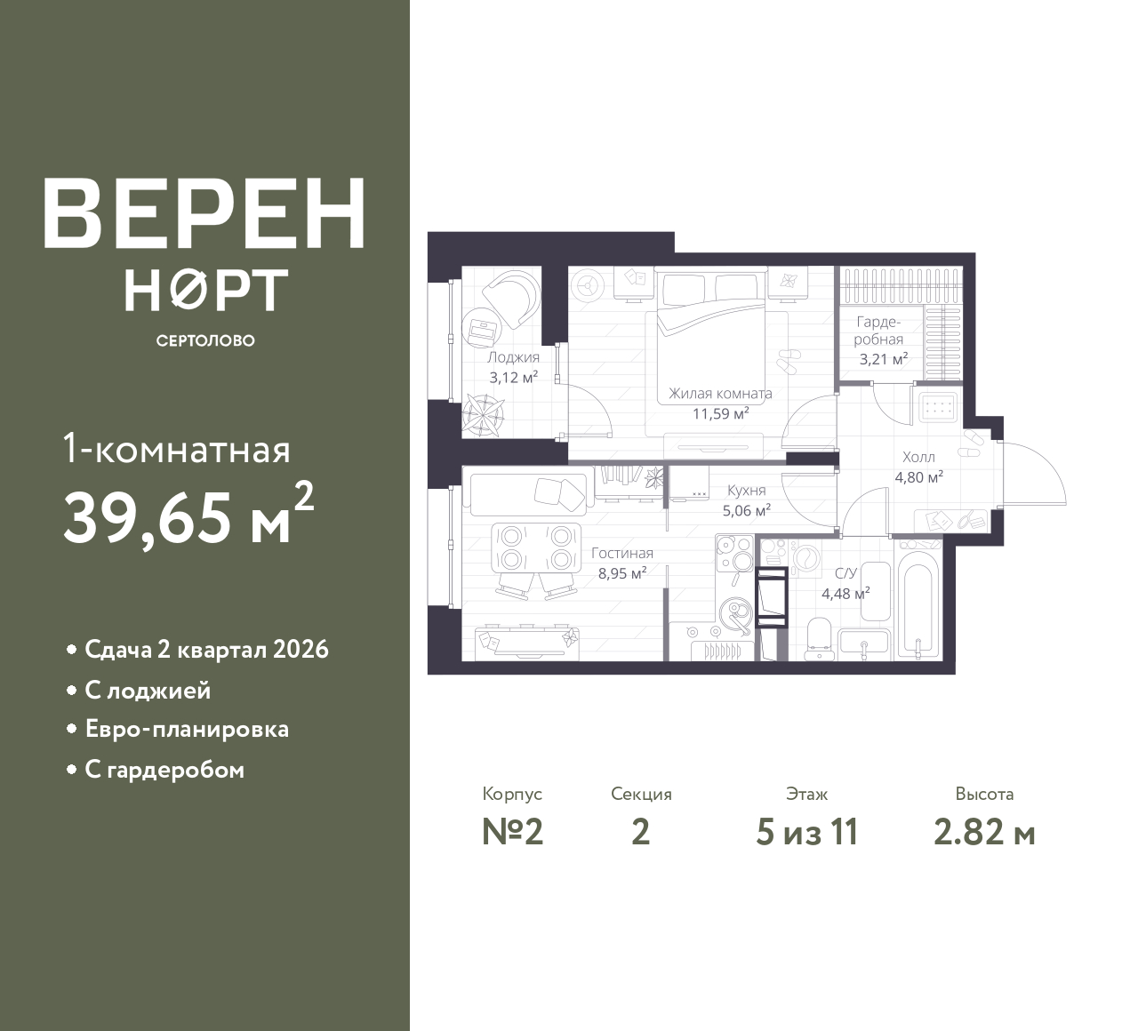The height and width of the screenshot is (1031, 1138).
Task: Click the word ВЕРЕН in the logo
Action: (x=204, y=213)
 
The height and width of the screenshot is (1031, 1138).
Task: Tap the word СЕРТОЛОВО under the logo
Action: (x=205, y=340)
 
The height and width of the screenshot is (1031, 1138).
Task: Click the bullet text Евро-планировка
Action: (x=187, y=730)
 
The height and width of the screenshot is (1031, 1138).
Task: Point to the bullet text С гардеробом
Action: (x=164, y=770)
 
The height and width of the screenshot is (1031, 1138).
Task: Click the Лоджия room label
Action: (x=513, y=357)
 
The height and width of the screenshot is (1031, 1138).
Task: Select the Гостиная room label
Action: (x=622, y=553)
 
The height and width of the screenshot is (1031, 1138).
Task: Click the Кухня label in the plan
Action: (x=746, y=490)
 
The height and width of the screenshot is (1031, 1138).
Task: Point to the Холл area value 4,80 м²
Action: (x=918, y=477)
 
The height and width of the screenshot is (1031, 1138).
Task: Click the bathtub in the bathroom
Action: (x=918, y=601)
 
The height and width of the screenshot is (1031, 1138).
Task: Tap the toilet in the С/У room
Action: (x=818, y=638)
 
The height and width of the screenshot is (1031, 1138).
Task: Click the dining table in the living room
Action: (x=536, y=548)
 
